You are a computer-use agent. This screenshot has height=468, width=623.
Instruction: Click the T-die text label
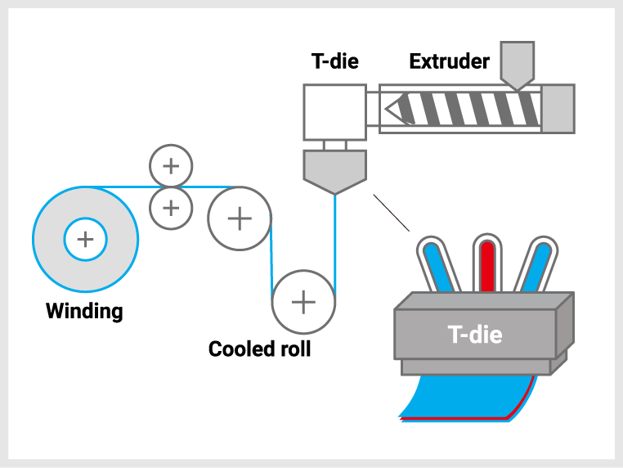click(475, 334)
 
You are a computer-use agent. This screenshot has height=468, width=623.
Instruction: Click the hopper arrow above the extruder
click(517, 64)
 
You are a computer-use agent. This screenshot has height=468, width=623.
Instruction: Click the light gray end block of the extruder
click(558, 109)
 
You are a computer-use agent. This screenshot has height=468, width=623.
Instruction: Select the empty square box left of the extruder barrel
click(334, 112)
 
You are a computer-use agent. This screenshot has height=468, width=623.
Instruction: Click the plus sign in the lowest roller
click(303, 302)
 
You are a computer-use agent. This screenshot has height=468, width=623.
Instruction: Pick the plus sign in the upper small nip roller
click(171, 166)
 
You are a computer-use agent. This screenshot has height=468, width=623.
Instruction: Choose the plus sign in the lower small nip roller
click(171, 208)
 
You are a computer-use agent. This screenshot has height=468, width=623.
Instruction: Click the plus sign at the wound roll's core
click(85, 240)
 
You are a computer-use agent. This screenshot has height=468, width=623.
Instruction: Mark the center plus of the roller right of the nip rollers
click(240, 218)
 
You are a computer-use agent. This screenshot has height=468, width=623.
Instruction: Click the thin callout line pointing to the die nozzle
click(391, 213)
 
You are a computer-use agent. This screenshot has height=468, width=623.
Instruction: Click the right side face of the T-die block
click(564, 327)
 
